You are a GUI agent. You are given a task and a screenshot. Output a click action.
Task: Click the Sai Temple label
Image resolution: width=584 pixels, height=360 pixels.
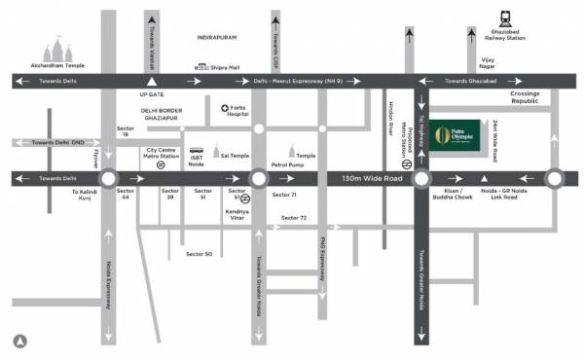231,154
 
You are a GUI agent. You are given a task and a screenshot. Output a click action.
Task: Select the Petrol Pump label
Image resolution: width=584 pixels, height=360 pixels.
289,166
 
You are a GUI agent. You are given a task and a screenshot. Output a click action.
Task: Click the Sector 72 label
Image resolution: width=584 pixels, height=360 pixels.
294,217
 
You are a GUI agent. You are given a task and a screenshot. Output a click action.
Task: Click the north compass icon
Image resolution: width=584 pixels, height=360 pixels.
19,340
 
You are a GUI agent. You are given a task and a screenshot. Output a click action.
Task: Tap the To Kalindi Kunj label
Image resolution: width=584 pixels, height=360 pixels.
86,198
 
